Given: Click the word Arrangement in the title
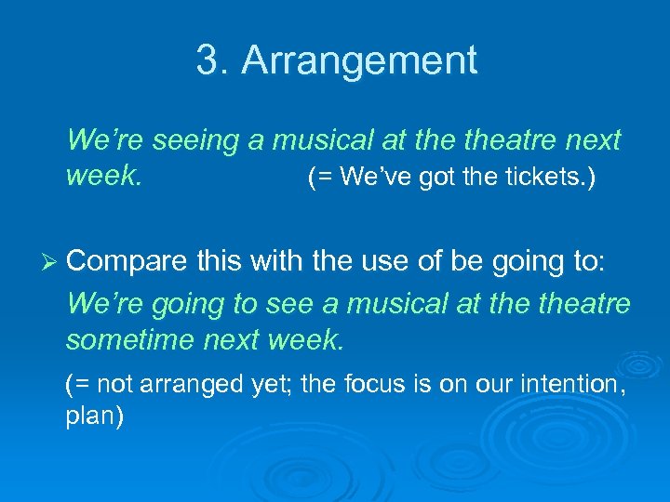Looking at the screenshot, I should [359, 61].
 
